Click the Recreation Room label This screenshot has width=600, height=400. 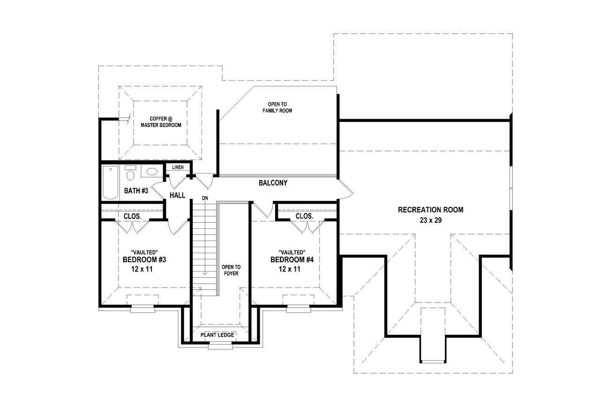[430, 210]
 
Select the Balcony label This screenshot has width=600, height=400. [273, 183]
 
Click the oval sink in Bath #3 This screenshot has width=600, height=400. [152, 172]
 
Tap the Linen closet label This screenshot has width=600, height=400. [178, 167]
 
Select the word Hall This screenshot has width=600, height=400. [177, 195]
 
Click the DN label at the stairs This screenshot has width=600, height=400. [205, 198]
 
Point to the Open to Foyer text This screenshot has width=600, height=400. [231, 270]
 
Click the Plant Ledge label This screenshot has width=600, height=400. [217, 335]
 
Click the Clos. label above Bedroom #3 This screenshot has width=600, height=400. [133, 216]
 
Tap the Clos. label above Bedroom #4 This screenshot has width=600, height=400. [304, 216]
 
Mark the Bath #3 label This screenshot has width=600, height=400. [136, 191]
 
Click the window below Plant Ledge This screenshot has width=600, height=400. [220, 346]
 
